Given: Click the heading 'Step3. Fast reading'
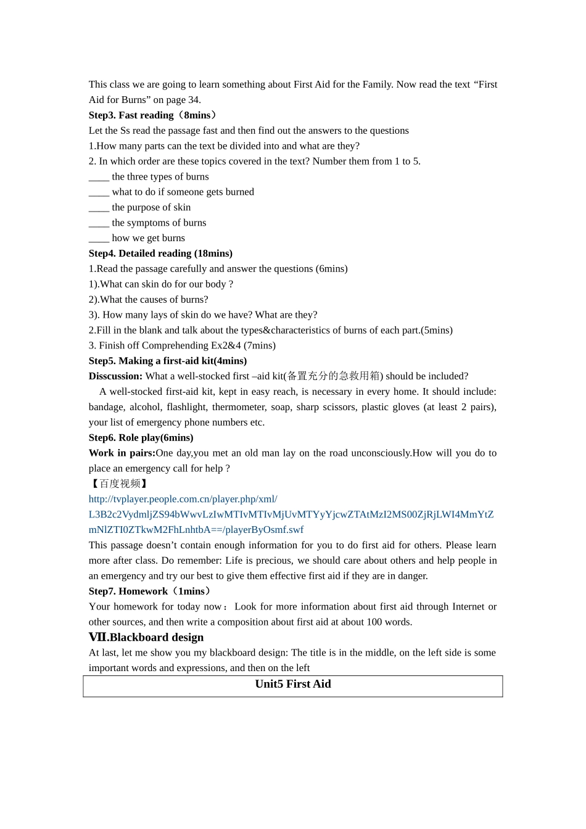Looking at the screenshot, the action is (x=131, y=115).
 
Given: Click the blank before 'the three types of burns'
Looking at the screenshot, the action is (x=99, y=177).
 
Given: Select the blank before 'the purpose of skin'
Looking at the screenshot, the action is (x=99, y=208).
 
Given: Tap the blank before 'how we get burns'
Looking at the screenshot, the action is (x=99, y=239).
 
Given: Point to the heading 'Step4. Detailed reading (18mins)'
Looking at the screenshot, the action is (x=160, y=254).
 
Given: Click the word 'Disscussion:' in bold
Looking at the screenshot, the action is (x=115, y=376).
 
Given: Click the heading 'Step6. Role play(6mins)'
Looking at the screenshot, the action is (x=141, y=438).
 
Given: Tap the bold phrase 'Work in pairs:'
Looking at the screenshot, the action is (x=122, y=453).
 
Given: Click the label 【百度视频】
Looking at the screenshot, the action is (x=118, y=484).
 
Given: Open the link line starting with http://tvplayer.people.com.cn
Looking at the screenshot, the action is (x=183, y=499).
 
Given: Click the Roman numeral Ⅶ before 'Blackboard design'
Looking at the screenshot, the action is (x=97, y=638).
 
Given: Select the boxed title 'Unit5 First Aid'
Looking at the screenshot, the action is (x=293, y=684).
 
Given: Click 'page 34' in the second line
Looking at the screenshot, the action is (x=183, y=100).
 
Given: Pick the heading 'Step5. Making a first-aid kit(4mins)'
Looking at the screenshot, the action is (x=167, y=361).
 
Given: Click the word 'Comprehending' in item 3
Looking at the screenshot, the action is (x=180, y=345).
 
